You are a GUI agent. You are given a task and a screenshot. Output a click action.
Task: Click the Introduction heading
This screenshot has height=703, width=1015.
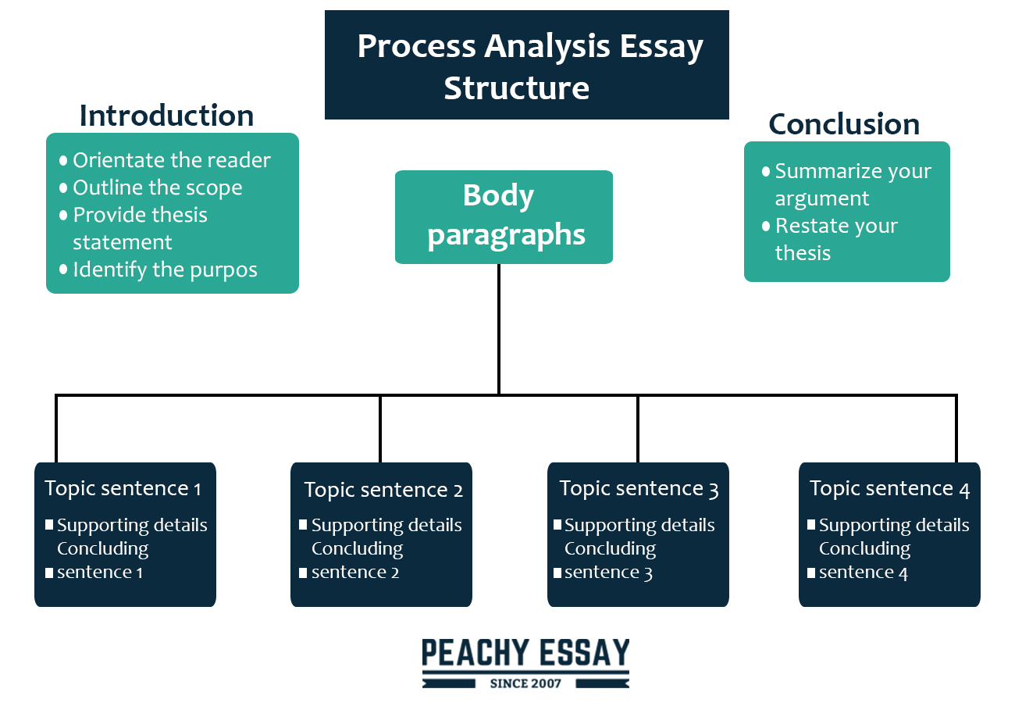(x=166, y=116)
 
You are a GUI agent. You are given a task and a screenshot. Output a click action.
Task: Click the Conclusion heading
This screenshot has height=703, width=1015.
(x=844, y=124)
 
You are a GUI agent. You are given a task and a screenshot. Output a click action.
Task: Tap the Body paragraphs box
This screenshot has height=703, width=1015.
(x=504, y=217)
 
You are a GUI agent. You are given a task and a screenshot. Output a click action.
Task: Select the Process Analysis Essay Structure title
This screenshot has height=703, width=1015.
(x=527, y=65)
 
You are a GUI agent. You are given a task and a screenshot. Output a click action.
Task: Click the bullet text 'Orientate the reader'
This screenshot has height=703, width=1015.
(x=172, y=160)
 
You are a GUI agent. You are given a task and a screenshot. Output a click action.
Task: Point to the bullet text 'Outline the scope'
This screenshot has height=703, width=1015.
(x=158, y=187)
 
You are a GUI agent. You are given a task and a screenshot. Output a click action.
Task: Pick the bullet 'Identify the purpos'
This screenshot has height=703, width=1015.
(x=165, y=270)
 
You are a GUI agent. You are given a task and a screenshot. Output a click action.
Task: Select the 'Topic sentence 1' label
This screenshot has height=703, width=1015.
(x=123, y=489)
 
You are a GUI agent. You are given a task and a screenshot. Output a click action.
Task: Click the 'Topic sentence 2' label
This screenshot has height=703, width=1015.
(x=383, y=490)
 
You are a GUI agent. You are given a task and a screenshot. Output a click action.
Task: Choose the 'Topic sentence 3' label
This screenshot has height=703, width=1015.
(x=639, y=489)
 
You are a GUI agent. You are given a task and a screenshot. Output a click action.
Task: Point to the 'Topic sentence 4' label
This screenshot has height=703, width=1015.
(x=889, y=489)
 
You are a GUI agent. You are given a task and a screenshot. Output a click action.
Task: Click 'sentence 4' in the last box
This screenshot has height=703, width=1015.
(x=864, y=573)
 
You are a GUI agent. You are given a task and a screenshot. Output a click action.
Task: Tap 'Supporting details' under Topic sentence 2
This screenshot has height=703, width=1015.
(x=386, y=526)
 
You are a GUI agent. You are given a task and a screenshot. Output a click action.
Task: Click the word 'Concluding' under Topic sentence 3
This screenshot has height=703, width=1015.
(x=610, y=549)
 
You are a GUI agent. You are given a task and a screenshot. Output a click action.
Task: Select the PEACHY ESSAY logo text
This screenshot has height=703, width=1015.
(x=525, y=653)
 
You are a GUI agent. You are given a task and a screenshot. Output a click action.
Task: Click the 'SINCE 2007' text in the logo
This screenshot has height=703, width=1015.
(x=525, y=683)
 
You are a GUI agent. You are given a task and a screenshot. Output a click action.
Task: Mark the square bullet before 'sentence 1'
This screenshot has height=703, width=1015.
(x=49, y=573)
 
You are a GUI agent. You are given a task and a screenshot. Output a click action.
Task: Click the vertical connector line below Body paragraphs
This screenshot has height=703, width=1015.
(x=499, y=329)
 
